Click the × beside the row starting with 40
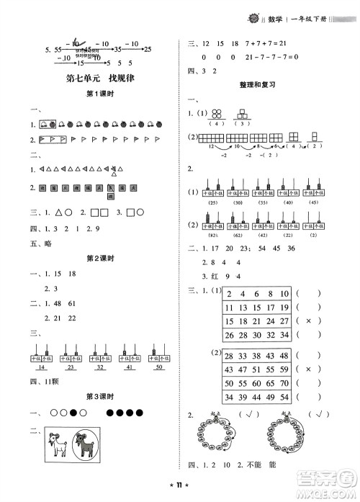point(307,369)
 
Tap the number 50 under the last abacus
point(159,367)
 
